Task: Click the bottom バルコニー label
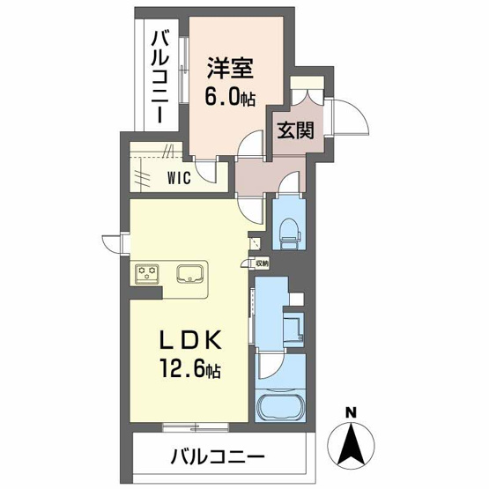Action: (216, 457)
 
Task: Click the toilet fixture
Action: (287, 232)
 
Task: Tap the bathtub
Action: (279, 409)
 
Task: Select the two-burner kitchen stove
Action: (146, 274)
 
